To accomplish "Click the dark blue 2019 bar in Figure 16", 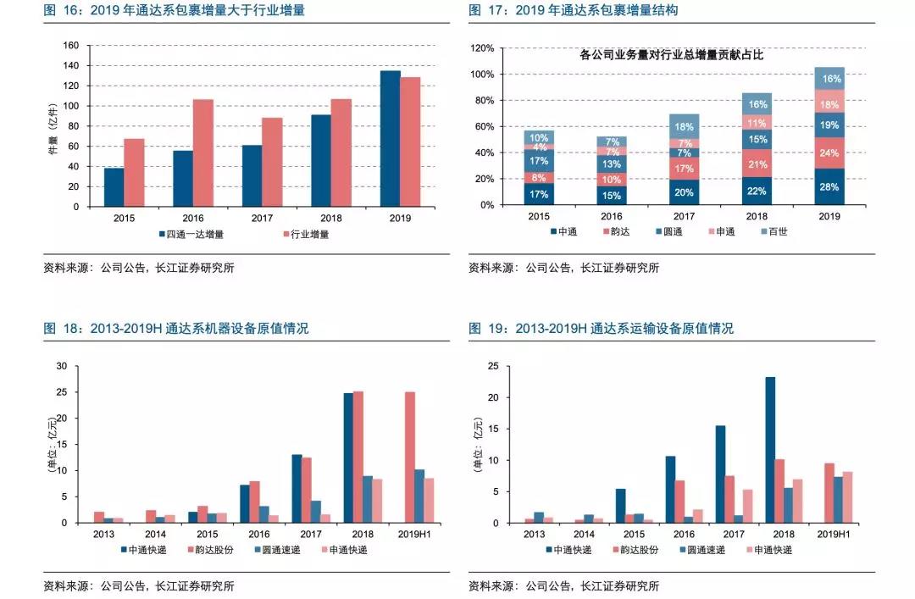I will click(x=390, y=139).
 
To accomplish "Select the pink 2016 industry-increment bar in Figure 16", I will click(x=202, y=153).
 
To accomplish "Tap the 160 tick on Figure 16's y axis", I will click(x=71, y=46).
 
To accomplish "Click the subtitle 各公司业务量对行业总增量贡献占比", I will click(x=671, y=56).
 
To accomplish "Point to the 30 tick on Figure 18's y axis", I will click(x=61, y=366).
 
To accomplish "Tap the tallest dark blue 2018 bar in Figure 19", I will click(x=769, y=450).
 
